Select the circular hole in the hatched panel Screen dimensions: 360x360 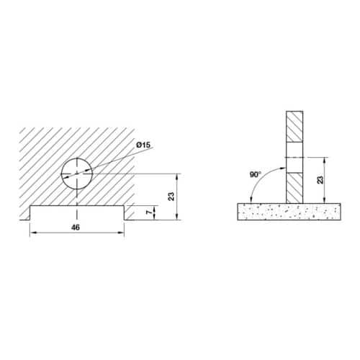pyautogui.click(x=77, y=174)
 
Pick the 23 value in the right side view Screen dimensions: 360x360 pyautogui.click(x=319, y=180)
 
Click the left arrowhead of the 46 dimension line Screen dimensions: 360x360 pyautogui.click(x=32, y=234)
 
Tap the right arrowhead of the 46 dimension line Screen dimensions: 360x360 pyautogui.click(x=122, y=234)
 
